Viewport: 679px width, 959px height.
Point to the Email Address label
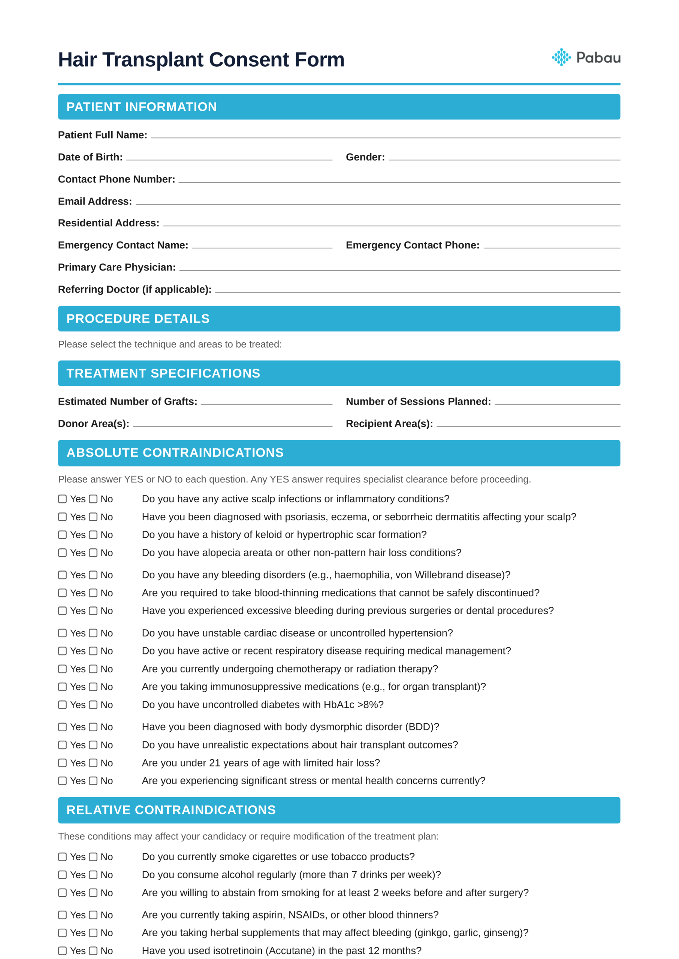pos(95,202)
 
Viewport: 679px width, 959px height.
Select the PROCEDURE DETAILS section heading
pos(138,319)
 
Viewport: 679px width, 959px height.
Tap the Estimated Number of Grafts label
pos(127,402)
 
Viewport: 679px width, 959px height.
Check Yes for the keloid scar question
pos(62,535)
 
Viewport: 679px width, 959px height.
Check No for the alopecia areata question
pos(93,553)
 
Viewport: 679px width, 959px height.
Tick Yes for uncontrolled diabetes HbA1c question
pos(62,705)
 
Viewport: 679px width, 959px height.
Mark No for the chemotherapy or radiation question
pos(93,669)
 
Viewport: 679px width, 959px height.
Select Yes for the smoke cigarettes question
pos(62,857)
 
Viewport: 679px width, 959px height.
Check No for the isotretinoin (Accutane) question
pos(93,951)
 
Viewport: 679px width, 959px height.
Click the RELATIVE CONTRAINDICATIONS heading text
pos(171,810)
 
